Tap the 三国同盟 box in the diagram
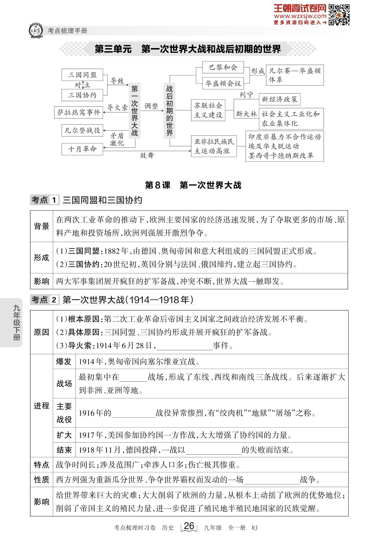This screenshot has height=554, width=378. [x=82, y=75]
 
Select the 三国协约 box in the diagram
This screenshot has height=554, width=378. [x=82, y=95]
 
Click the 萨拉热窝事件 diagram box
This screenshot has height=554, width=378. [x=79, y=112]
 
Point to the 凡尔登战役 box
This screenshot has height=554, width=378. [x=82, y=130]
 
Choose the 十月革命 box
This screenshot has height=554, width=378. [x=82, y=149]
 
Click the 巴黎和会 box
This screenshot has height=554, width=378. [x=223, y=68]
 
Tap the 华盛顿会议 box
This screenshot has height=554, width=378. [x=223, y=84]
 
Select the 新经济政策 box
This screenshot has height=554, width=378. [x=279, y=99]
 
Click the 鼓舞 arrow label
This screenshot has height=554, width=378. [x=147, y=155]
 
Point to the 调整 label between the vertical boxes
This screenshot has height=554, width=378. [x=151, y=106]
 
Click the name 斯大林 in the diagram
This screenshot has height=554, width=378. [x=246, y=114]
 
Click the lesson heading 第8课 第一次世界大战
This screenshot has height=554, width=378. [x=193, y=185]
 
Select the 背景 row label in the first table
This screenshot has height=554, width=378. [x=42, y=226]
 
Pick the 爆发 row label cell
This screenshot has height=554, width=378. [x=64, y=362]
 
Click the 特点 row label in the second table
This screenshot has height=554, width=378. [x=42, y=465]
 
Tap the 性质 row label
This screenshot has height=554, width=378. [x=42, y=480]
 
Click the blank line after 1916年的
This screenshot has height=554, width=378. [x=133, y=413]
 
